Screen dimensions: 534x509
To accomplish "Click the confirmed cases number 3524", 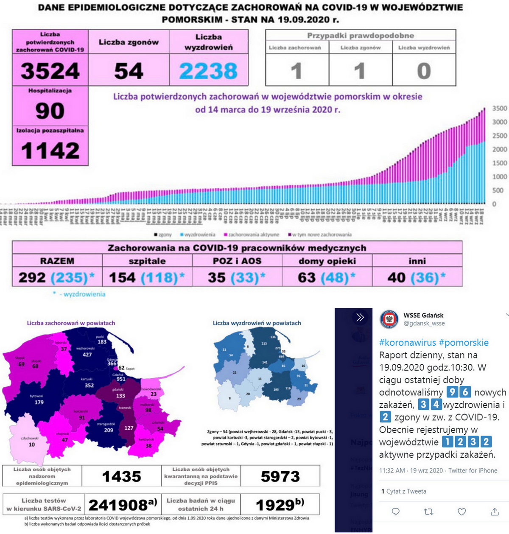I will pos(50,71).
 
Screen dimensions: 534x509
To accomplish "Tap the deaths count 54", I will pos(129,71).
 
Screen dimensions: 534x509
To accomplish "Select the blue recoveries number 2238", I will pos(208,71).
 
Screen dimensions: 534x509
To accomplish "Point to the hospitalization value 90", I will pos(50,111).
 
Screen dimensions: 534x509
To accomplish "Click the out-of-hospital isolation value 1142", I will pos(50,151).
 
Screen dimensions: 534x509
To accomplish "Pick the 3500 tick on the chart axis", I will pos(499,108).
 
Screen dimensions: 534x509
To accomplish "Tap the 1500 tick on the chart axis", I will pos(499,163).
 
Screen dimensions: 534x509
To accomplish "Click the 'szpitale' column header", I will pos(147,261).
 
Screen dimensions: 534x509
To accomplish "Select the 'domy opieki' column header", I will pos(327,261).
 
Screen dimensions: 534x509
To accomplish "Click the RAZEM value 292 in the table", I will pos(32,277).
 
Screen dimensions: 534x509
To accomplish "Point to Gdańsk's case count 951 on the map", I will pos(121,379).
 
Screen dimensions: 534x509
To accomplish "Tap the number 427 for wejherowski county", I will pos(87,355).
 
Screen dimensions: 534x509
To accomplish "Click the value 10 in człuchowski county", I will pos(32,445).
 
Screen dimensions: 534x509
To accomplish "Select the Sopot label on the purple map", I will pos(130,369).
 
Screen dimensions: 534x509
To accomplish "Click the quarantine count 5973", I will pos(280,477).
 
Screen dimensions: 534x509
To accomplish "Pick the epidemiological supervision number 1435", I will pos(121,477).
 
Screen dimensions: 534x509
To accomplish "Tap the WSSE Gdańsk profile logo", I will pos(389,319).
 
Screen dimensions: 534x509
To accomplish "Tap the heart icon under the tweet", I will pos(461,512).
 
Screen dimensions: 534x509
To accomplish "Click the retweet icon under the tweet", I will pos(428,512).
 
